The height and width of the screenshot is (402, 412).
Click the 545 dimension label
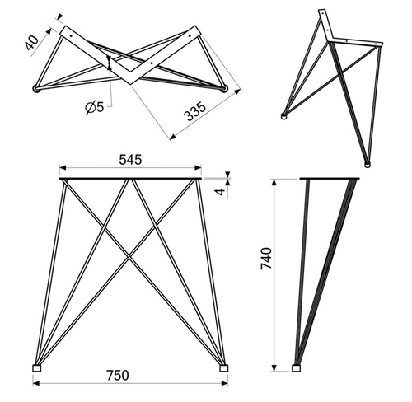(130, 160)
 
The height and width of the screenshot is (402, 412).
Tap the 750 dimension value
(118, 376)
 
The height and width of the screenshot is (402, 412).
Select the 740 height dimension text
(266, 259)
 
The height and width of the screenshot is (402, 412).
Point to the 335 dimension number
(195, 111)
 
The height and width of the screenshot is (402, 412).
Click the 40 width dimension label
(33, 43)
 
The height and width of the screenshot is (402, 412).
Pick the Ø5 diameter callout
(95, 107)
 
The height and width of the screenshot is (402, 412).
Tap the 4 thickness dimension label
(220, 192)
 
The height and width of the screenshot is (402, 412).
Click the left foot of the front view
(37, 368)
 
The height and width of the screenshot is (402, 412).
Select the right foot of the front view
(224, 368)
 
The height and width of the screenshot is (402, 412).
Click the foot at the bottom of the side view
(296, 368)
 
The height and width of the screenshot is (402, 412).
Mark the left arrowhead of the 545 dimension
(63, 167)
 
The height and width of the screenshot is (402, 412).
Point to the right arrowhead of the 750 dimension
(224, 383)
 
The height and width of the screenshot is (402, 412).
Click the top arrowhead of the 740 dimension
(274, 182)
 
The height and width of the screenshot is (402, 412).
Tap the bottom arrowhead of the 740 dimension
(274, 367)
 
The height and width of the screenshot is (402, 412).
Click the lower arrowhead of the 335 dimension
(173, 137)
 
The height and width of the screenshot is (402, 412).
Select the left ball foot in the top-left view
(36, 89)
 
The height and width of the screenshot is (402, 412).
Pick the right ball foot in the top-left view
(225, 89)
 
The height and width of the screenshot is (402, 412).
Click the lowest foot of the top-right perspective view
(367, 165)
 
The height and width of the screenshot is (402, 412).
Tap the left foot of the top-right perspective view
(284, 116)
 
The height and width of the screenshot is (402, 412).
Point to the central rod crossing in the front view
(129, 257)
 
